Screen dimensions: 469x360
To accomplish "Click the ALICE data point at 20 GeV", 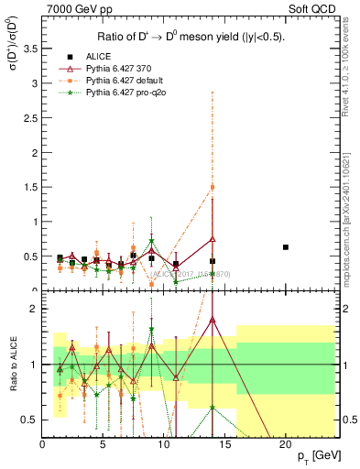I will tap(286, 247).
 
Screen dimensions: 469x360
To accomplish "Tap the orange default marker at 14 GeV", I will tap(213, 188).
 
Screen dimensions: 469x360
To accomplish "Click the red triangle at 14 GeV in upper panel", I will tap(213, 239).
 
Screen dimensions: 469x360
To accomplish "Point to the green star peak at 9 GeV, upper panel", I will tap(152, 241).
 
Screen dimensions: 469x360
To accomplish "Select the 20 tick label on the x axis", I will tap(286, 442).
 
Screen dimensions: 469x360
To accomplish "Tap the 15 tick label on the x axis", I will tap(224, 442).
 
